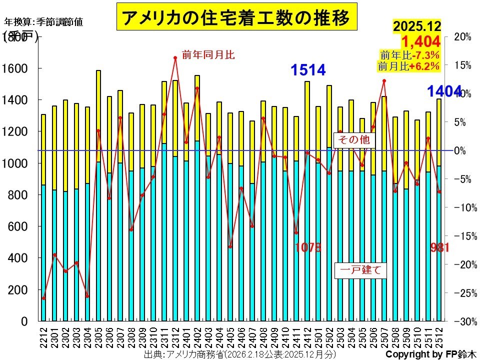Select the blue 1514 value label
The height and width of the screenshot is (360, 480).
[x=308, y=70]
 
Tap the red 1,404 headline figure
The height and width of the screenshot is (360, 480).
[x=420, y=40]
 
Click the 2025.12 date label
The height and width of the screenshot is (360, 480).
[x=417, y=26]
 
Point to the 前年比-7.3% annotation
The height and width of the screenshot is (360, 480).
[x=409, y=55]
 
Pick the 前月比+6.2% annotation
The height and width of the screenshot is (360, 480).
[x=408, y=65]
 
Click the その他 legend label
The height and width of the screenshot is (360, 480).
[x=353, y=140]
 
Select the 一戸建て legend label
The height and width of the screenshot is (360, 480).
[x=360, y=270]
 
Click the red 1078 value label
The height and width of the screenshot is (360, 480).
[x=307, y=247]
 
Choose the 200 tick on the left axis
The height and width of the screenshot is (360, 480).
[x=19, y=290]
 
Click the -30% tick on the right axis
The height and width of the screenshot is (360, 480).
[x=464, y=321]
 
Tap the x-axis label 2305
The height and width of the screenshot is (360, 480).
[x=98, y=335]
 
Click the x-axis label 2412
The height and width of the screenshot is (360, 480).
[x=307, y=335]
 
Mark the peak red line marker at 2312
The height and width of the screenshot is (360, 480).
[x=175, y=58]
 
